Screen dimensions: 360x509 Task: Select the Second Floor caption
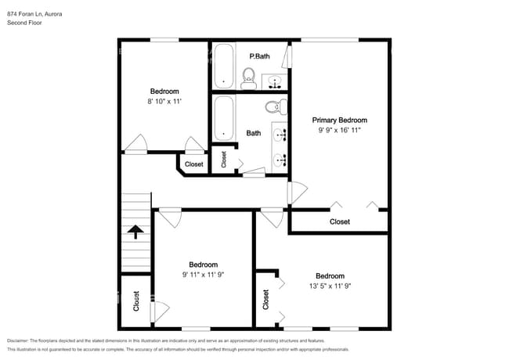(x=25, y=23)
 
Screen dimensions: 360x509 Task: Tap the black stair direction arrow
(x=135, y=231)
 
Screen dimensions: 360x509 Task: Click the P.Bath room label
(x=259, y=56)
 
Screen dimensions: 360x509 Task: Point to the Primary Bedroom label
(x=340, y=121)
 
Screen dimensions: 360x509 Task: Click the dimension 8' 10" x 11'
(x=164, y=102)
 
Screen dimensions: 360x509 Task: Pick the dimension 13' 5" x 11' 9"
(x=330, y=286)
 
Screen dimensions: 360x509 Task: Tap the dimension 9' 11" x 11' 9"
(x=203, y=275)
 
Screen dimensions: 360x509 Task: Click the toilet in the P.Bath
(x=249, y=77)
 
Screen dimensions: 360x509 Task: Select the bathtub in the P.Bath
(x=223, y=66)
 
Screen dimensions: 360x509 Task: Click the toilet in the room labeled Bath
(x=273, y=106)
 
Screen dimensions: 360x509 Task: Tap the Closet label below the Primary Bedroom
(x=340, y=221)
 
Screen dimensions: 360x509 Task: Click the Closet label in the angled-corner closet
(x=193, y=164)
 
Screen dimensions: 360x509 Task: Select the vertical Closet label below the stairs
(x=136, y=301)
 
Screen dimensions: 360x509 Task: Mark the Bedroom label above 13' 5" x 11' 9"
(x=330, y=275)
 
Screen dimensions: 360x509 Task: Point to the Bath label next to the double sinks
(x=254, y=133)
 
